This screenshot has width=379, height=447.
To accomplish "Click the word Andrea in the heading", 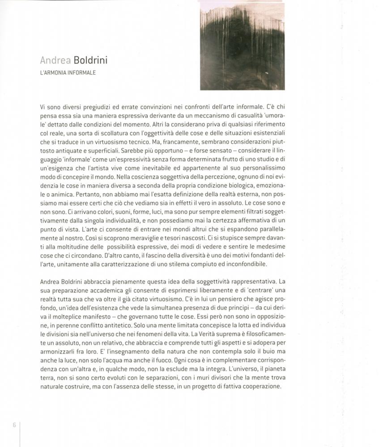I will pyautogui.click(x=52, y=60).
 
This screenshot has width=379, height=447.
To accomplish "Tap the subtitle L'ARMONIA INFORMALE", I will pyautogui.click(x=68, y=72).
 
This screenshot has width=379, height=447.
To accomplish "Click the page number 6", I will pyautogui.click(x=14, y=425).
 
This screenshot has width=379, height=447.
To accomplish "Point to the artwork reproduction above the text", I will pyautogui.click(x=242, y=46).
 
